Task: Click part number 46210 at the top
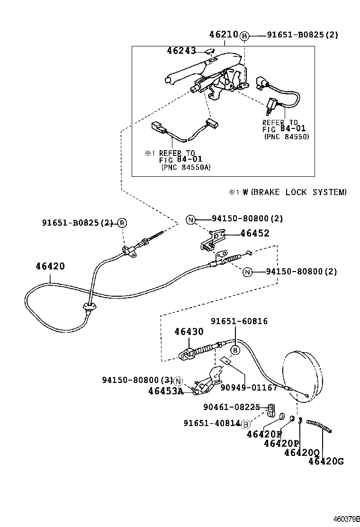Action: [224, 35]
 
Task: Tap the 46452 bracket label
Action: [254, 233]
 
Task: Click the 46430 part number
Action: [188, 332]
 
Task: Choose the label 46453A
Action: [165, 391]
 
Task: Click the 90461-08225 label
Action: [232, 407]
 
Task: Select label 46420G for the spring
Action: [326, 461]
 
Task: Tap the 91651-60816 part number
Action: [240, 321]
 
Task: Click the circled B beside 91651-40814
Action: [246, 424]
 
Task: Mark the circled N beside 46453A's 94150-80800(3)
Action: [178, 381]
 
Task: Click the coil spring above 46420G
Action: [320, 426]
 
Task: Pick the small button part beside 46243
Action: [211, 52]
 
